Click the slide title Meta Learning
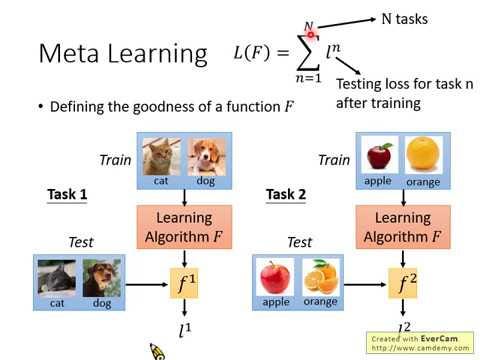pos(122,53)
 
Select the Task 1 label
pos(68,194)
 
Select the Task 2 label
pos(286,194)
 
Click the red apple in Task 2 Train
pos(379,156)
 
